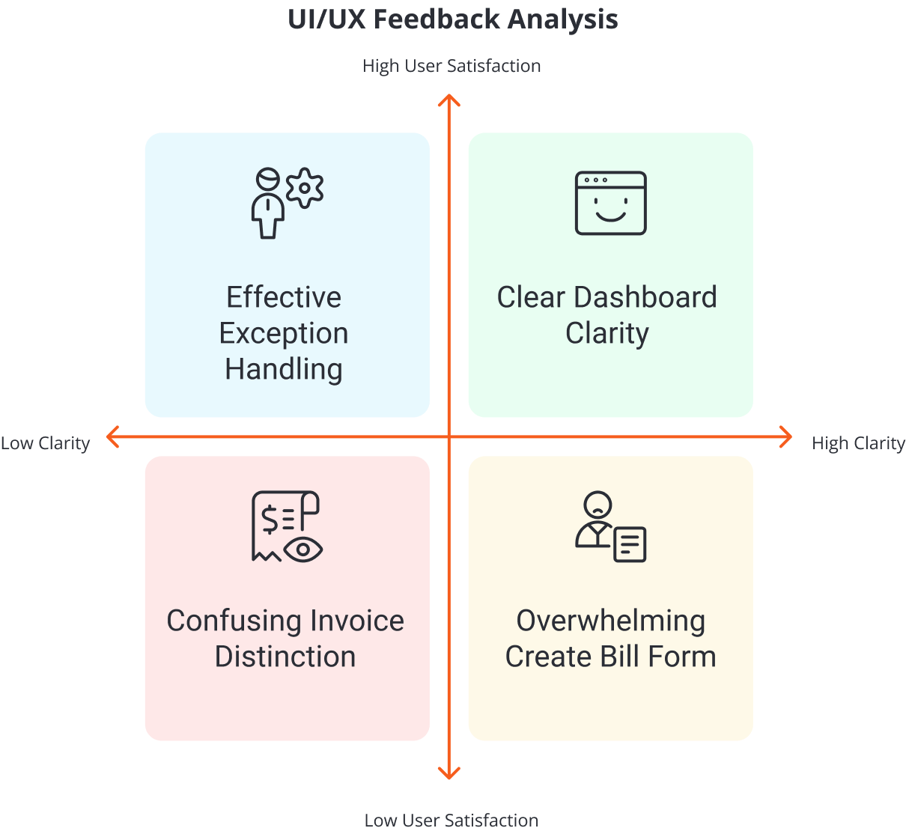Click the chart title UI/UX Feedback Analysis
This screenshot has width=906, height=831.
(452, 19)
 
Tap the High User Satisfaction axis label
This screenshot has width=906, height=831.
(452, 66)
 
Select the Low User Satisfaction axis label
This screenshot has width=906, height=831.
(451, 821)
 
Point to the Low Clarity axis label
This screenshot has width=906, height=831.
(45, 443)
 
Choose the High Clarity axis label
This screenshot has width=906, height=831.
(858, 443)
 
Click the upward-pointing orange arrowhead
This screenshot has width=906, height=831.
(449, 100)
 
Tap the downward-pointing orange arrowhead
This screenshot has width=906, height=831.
(449, 773)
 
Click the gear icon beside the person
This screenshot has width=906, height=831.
(305, 187)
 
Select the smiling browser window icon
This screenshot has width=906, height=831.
(610, 203)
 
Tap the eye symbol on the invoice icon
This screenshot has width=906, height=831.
(303, 550)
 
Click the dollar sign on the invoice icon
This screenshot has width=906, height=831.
(268, 519)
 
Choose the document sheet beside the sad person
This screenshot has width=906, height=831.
(630, 544)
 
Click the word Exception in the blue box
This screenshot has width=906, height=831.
(284, 333)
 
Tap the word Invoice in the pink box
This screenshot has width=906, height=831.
(356, 621)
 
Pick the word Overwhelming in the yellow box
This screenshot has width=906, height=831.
(610, 621)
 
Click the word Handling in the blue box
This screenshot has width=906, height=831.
(284, 369)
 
